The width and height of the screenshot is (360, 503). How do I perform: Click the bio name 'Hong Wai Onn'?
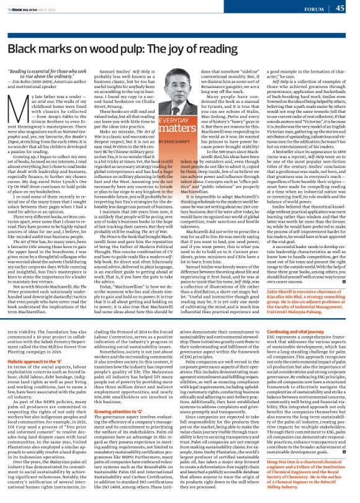264,461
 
